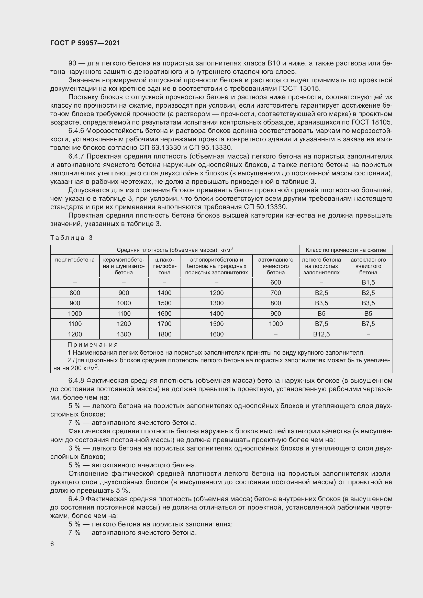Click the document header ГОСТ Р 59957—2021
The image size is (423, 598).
pos(85,43)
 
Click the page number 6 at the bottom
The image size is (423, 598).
pos(52,544)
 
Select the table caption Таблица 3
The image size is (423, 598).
pos(71,238)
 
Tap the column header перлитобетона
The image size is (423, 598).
pos(75,260)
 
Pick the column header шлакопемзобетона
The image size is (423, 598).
pos(164,266)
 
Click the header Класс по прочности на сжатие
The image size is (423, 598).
pos(346,250)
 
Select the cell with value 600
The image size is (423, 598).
pos(276,282)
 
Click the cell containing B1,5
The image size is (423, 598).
pos(368,282)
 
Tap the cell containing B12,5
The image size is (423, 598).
pos(321,334)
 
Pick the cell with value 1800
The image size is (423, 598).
pos(164,334)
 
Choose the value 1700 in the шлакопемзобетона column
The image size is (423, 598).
pos(164,324)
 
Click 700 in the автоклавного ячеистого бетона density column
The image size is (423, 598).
pos(276,293)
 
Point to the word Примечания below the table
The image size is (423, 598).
pos(93,345)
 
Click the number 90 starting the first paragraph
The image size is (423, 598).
pos(72,63)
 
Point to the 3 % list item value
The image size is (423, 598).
pos(74,448)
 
